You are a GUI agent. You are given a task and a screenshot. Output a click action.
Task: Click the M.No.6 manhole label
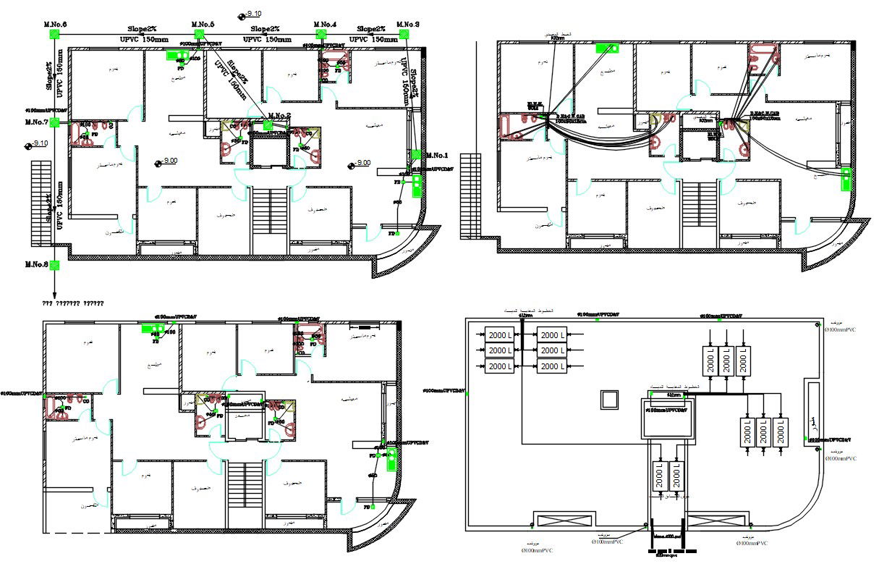point(56,25)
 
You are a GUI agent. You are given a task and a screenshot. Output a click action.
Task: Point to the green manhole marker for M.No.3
point(407,34)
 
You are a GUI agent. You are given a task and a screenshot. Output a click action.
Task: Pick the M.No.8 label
point(36,264)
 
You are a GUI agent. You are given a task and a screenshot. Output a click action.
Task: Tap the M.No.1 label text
point(437,156)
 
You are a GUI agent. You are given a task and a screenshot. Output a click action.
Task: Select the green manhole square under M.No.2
point(268,125)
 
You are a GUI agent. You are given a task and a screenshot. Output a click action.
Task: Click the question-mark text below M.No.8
point(72,303)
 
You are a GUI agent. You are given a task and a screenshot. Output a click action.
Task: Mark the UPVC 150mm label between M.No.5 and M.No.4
point(267,40)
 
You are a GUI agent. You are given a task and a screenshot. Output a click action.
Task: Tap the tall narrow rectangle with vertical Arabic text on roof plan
point(812,413)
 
